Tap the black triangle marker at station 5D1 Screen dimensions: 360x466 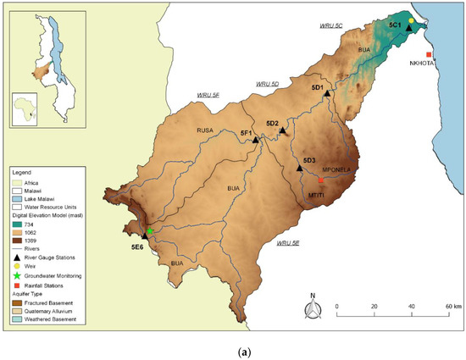click(x=326, y=93)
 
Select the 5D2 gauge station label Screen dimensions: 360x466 click(x=272, y=124)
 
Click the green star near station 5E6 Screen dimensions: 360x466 click(x=150, y=231)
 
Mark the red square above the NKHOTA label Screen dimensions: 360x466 click(x=430, y=55)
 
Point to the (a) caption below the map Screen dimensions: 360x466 click(x=233, y=345)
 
